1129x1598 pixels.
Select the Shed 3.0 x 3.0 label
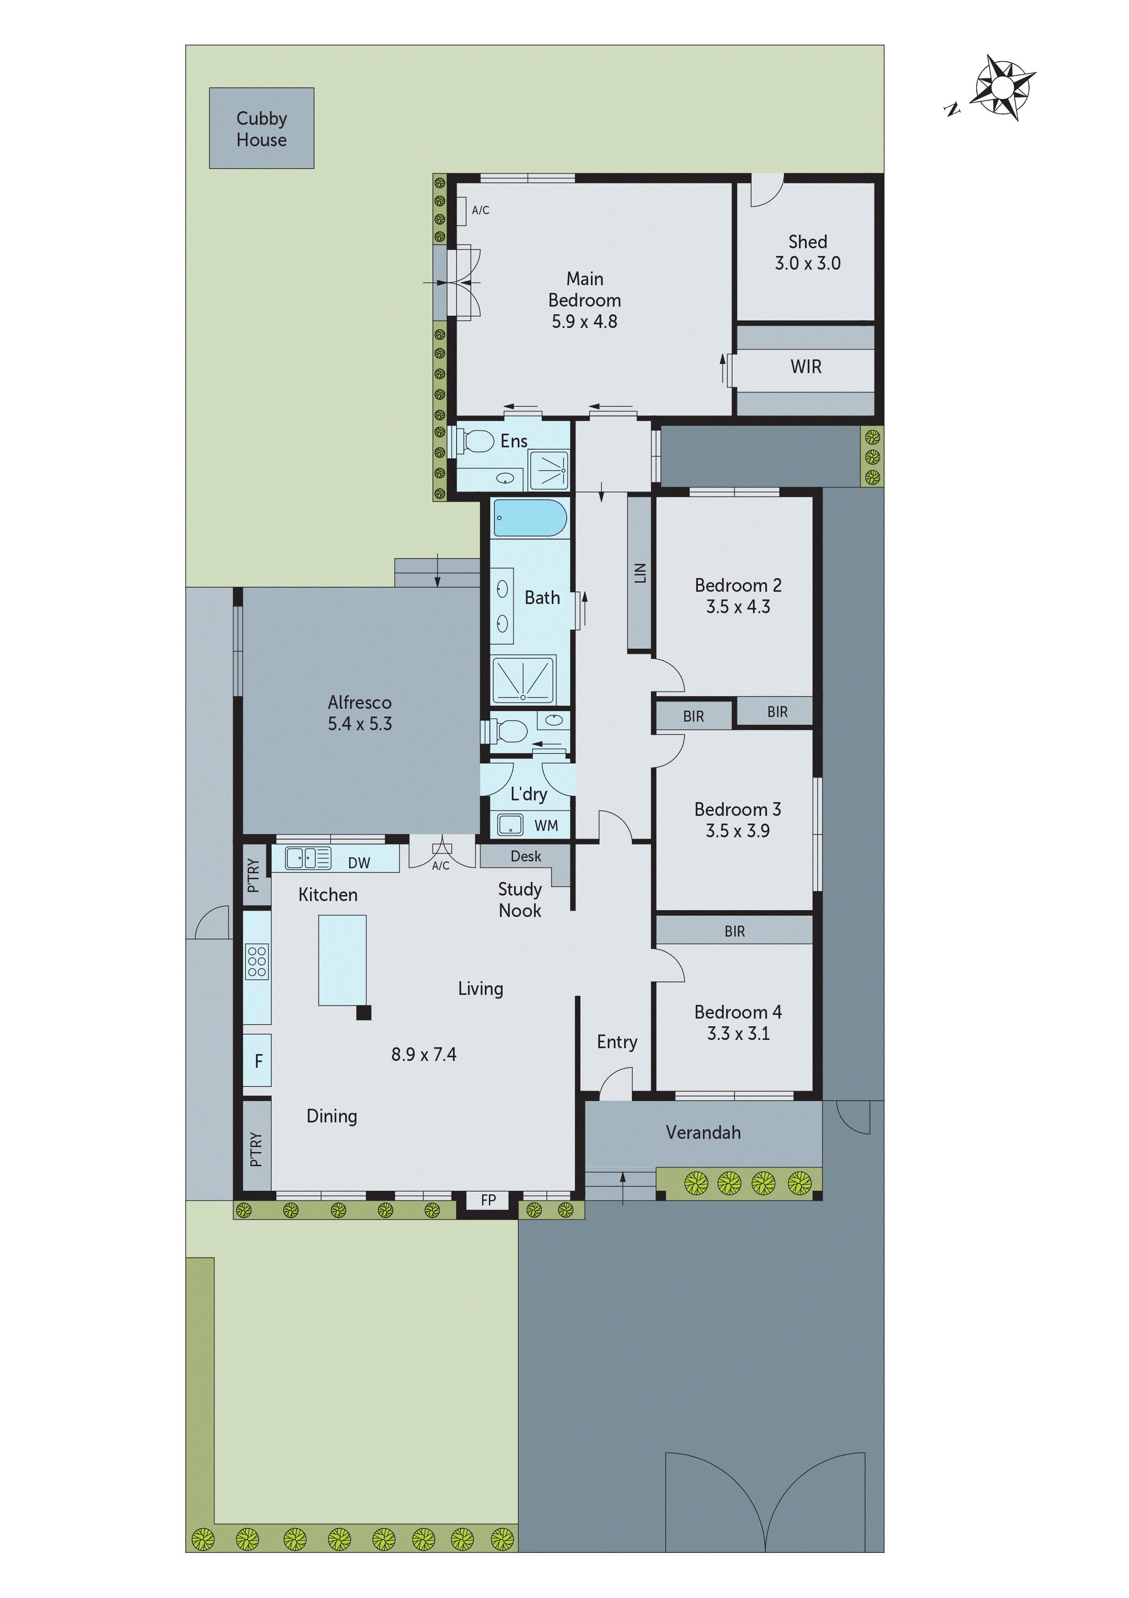(x=808, y=253)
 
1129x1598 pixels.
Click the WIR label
(x=805, y=367)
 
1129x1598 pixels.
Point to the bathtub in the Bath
(x=530, y=518)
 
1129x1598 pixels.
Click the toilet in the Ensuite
(x=478, y=440)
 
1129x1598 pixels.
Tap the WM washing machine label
(x=546, y=825)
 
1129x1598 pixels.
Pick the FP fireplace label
(x=488, y=1199)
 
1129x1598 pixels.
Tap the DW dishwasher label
(x=359, y=863)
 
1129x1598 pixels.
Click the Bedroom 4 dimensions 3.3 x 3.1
(x=738, y=1034)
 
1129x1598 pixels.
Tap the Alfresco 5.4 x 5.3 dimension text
(x=360, y=724)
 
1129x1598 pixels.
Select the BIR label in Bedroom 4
(x=735, y=931)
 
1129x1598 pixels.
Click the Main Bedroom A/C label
(x=480, y=210)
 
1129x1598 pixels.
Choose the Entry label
(x=616, y=1042)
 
